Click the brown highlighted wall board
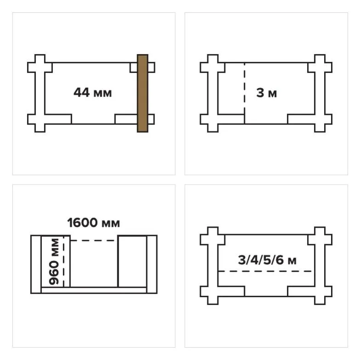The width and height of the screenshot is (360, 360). [x=143, y=93]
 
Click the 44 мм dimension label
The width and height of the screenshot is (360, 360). [x=93, y=93]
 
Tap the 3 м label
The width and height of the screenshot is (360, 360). [x=267, y=93]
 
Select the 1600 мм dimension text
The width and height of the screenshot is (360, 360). [x=94, y=223]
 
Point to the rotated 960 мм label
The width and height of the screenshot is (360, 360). [x=54, y=262]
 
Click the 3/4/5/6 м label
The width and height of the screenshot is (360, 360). [x=267, y=260]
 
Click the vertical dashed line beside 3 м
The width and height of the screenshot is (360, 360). [x=245, y=88]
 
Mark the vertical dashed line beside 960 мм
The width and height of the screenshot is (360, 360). [x=63, y=261]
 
